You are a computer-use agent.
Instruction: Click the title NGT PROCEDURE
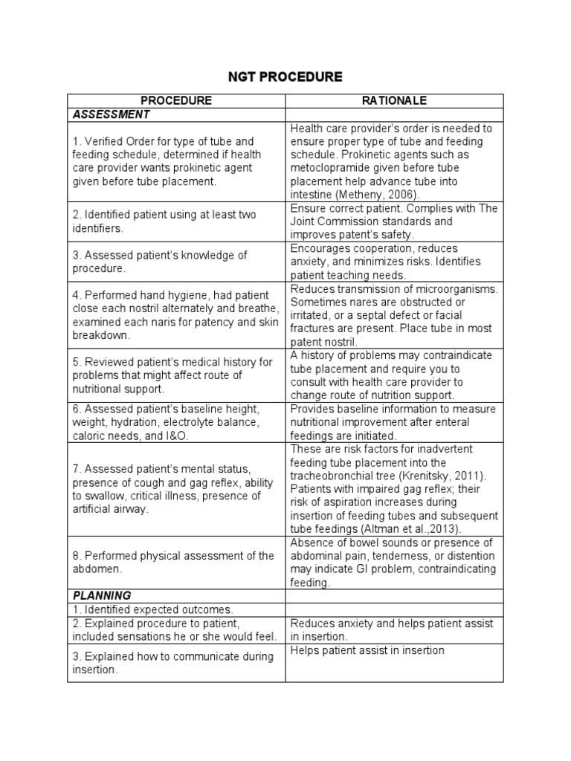pos(285,77)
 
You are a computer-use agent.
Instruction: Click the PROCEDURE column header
pos(176,101)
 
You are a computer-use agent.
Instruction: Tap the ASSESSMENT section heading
pos(111,114)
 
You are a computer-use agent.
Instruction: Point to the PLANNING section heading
pos(102,595)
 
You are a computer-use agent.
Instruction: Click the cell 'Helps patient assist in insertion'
pos(367,650)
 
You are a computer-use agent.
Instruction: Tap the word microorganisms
pos(450,288)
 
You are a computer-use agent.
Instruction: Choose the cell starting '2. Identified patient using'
pos(164,221)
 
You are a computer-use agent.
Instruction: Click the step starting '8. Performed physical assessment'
pos(173,563)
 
